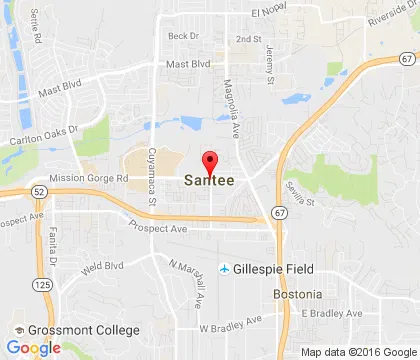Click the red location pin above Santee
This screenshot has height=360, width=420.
(x=210, y=164)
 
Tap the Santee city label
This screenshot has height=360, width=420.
(x=209, y=182)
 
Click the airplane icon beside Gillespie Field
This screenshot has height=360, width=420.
(x=226, y=269)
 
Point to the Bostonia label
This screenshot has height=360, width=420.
(x=297, y=295)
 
